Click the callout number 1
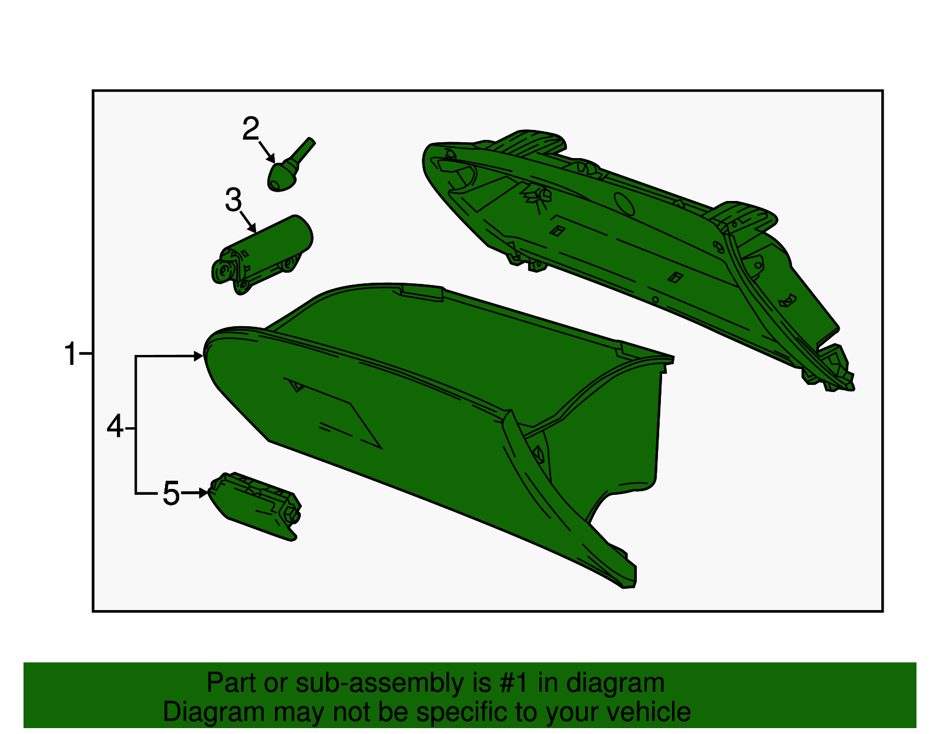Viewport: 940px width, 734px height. click(x=70, y=355)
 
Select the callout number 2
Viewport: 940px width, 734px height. click(x=251, y=129)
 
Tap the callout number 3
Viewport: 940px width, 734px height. click(x=233, y=200)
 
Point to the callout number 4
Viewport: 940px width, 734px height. click(x=115, y=427)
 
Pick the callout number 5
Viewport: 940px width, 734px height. click(x=171, y=493)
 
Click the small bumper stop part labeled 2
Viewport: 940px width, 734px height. click(x=282, y=176)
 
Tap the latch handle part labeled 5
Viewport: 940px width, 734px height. click(x=256, y=505)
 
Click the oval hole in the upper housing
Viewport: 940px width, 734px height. click(x=624, y=203)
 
